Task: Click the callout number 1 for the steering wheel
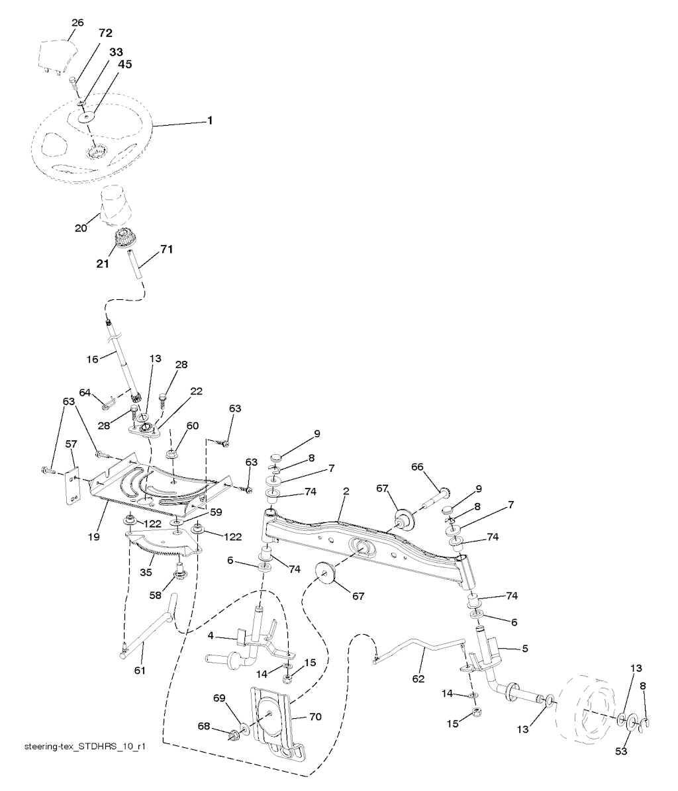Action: point(210,120)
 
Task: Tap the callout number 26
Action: point(77,23)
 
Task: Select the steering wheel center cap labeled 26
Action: point(58,57)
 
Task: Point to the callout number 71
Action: point(166,249)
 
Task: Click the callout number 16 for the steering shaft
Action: point(92,359)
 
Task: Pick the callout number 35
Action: point(146,573)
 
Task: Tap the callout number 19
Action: point(94,537)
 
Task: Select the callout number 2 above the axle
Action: point(346,491)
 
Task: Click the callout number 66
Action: point(417,467)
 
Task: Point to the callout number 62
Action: point(418,679)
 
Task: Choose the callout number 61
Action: point(139,671)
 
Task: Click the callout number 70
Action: point(315,716)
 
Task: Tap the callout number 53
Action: point(621,751)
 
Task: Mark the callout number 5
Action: point(525,648)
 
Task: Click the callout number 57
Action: point(72,444)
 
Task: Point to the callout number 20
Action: point(81,228)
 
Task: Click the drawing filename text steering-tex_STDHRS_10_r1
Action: point(85,746)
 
